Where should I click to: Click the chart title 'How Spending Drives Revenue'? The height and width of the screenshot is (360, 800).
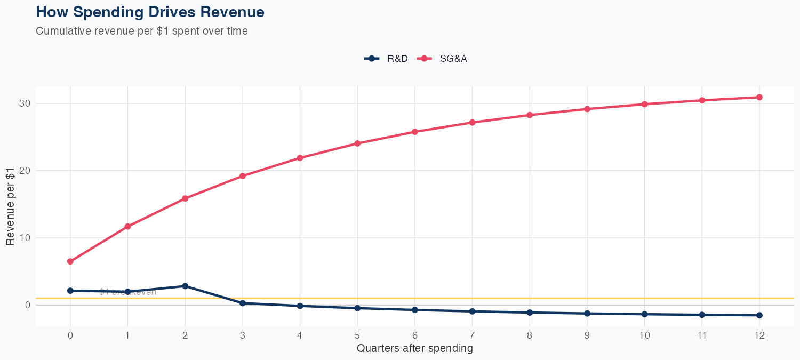click(x=150, y=12)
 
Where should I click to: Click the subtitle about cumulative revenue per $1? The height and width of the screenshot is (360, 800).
click(x=142, y=31)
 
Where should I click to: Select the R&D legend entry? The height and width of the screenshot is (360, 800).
click(x=386, y=59)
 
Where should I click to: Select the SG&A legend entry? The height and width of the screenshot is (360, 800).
click(x=444, y=59)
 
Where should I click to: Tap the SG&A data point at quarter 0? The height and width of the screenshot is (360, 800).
click(x=70, y=261)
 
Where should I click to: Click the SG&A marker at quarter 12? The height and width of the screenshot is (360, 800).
click(x=759, y=97)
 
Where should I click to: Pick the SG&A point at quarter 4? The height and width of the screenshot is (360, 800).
click(x=300, y=158)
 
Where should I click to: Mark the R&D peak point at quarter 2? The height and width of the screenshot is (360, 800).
click(x=185, y=286)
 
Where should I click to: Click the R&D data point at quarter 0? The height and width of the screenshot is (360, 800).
click(x=70, y=291)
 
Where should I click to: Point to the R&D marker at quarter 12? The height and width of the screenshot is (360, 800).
click(x=759, y=315)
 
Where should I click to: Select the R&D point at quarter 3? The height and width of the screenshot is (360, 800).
click(x=243, y=303)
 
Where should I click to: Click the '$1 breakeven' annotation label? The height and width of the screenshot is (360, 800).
click(x=128, y=292)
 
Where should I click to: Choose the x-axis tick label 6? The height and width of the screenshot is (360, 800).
click(x=415, y=335)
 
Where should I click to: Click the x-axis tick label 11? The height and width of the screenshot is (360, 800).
click(x=702, y=335)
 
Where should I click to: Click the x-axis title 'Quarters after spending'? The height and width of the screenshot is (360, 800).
click(x=414, y=349)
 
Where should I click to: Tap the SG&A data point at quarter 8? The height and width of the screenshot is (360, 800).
click(x=530, y=115)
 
